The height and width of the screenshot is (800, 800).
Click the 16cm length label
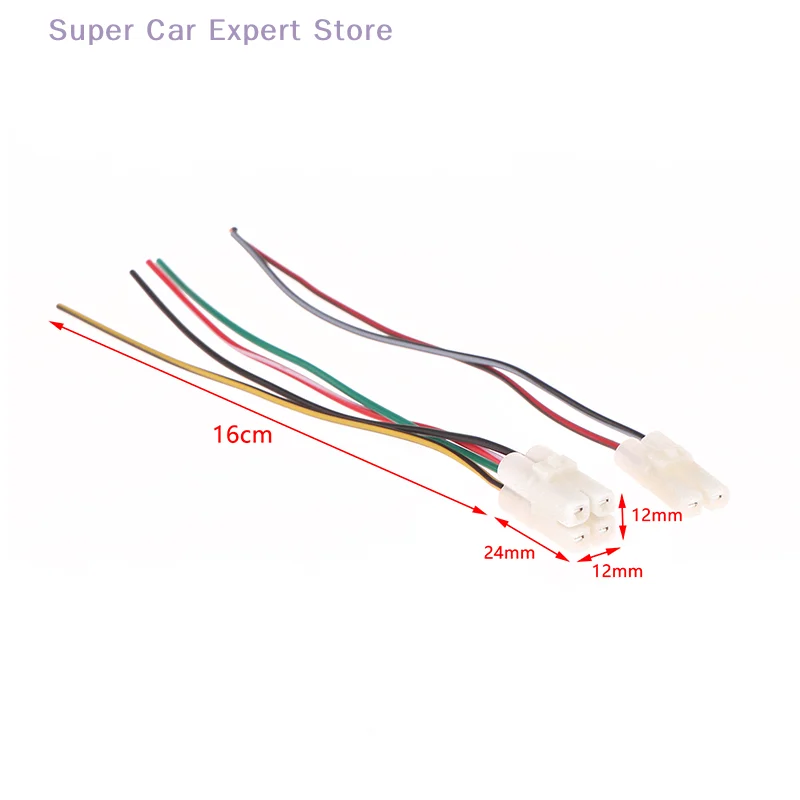[x=241, y=436]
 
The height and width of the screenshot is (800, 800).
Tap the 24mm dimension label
[x=509, y=552]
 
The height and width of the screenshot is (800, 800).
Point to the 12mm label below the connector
[x=618, y=572]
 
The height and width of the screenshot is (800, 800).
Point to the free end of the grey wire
[x=233, y=232]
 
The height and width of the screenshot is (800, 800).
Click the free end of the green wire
[x=159, y=263]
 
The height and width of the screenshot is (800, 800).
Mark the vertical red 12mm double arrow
[x=622, y=518]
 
